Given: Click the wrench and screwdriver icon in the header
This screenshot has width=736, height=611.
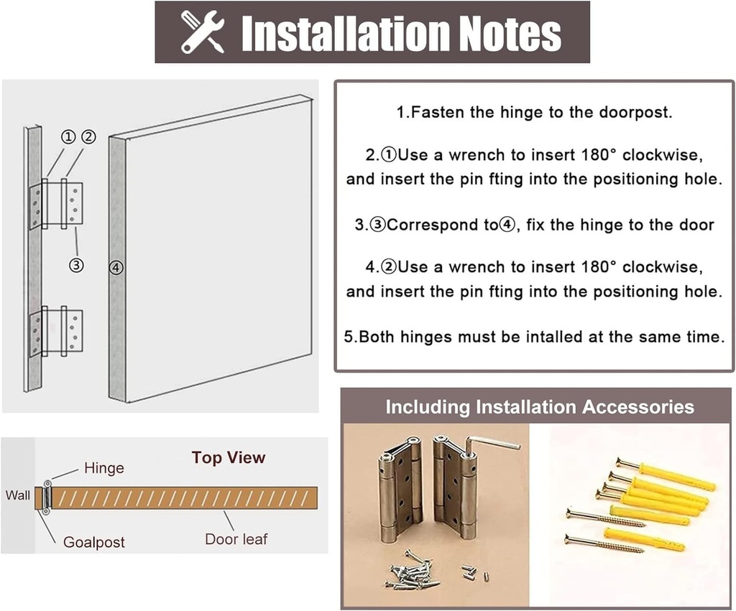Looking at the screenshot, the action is tap(202, 32).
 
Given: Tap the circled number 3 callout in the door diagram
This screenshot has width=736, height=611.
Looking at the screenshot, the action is tap(76, 266).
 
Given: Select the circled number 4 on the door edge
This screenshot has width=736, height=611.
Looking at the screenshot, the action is tap(116, 268).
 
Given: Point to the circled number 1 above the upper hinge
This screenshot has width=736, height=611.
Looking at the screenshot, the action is tap(68, 137).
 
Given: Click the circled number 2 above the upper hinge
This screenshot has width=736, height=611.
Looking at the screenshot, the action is tap(88, 137).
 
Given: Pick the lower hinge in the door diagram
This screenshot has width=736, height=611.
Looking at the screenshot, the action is tap(56, 331).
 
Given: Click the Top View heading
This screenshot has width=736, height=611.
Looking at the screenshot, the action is tap(229, 457).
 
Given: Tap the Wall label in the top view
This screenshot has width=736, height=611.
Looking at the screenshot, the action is tap(18, 495).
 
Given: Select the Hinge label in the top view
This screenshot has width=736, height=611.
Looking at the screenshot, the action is tap(104, 468).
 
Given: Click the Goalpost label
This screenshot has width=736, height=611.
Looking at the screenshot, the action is tap(94, 542).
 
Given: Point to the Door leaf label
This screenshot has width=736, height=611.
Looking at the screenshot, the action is tap(236, 539).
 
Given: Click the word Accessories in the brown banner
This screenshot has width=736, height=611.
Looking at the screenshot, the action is tap(638, 407).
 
